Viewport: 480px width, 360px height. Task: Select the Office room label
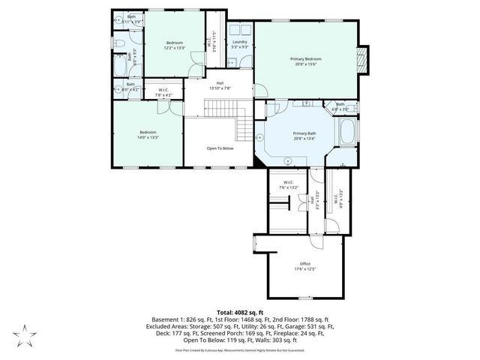click(x=304, y=263)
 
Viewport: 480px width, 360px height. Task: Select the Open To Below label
click(x=220, y=148)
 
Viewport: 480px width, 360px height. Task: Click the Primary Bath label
click(x=304, y=133)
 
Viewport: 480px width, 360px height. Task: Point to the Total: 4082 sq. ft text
click(x=239, y=311)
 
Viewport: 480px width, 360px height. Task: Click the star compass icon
click(x=25, y=334)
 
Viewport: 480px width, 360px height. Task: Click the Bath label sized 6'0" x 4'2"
click(x=130, y=87)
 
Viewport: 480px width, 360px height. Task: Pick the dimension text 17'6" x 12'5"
click(x=304, y=268)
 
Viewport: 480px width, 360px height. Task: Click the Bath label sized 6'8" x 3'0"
click(x=340, y=106)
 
